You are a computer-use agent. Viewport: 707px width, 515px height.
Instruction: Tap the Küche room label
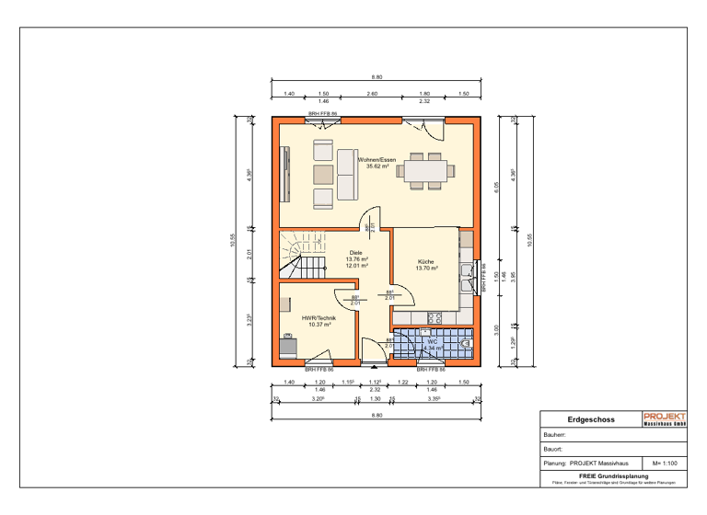425,261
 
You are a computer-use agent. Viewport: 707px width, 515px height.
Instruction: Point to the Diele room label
356,252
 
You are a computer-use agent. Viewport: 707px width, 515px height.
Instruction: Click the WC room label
431,341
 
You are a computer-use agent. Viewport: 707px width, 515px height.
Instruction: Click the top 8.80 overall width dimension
377,77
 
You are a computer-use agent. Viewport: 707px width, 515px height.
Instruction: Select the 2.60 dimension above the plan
372,94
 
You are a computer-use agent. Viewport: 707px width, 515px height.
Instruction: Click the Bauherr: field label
555,434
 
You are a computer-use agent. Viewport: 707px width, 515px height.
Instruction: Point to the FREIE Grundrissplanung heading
613,475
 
